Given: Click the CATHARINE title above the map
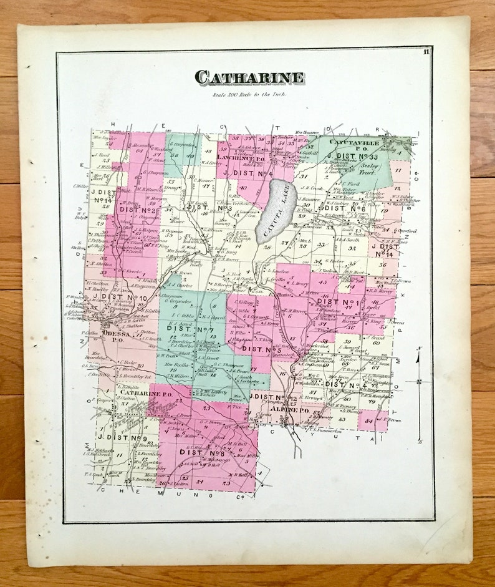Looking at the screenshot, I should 249,77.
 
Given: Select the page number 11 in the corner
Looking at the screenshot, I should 425,52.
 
